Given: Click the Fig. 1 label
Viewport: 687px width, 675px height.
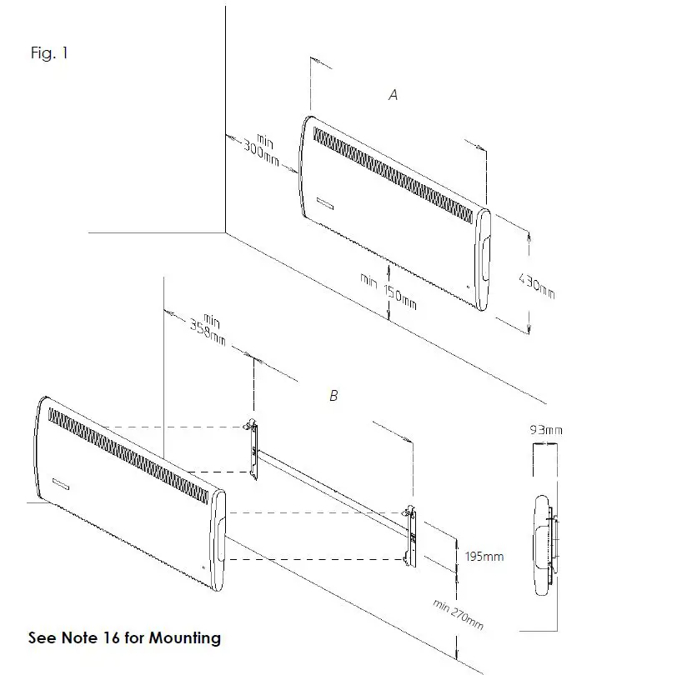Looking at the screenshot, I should click(x=49, y=54).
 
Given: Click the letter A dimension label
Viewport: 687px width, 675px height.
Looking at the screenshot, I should click(x=394, y=95).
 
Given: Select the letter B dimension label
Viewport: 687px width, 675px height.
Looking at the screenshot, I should click(x=333, y=396).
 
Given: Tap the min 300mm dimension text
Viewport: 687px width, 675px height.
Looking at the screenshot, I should click(x=262, y=148).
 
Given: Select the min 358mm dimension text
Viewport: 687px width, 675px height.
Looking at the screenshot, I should click(x=207, y=330).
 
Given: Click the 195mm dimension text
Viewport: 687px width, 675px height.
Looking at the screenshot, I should click(x=484, y=556).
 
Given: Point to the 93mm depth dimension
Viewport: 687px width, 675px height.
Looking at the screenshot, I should click(x=546, y=430).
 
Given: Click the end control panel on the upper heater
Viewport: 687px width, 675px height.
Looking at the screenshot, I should click(x=482, y=258).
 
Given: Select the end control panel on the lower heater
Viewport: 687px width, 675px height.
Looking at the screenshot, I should click(x=218, y=542).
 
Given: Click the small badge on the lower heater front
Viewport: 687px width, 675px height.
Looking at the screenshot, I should click(x=61, y=482).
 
